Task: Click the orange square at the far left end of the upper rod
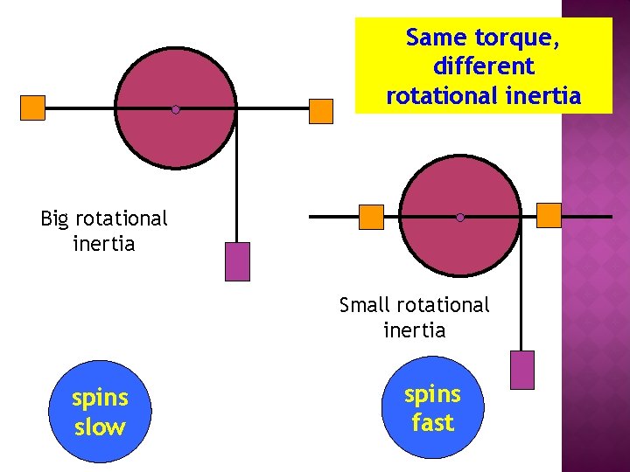(x=32, y=108)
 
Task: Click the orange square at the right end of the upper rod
(x=321, y=111)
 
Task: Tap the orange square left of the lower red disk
(x=372, y=217)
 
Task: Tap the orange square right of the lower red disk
(x=549, y=215)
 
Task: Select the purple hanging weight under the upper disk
(x=237, y=261)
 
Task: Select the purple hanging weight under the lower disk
(x=522, y=370)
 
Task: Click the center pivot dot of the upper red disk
(x=175, y=109)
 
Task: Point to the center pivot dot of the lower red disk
(x=460, y=217)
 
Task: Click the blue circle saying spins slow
(x=100, y=412)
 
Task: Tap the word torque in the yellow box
(x=514, y=38)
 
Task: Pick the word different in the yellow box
(x=483, y=66)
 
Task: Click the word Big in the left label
(x=56, y=218)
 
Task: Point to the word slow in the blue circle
(x=100, y=427)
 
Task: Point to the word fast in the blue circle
(x=432, y=423)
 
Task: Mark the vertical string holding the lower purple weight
(x=522, y=288)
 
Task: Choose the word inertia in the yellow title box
(x=543, y=95)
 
